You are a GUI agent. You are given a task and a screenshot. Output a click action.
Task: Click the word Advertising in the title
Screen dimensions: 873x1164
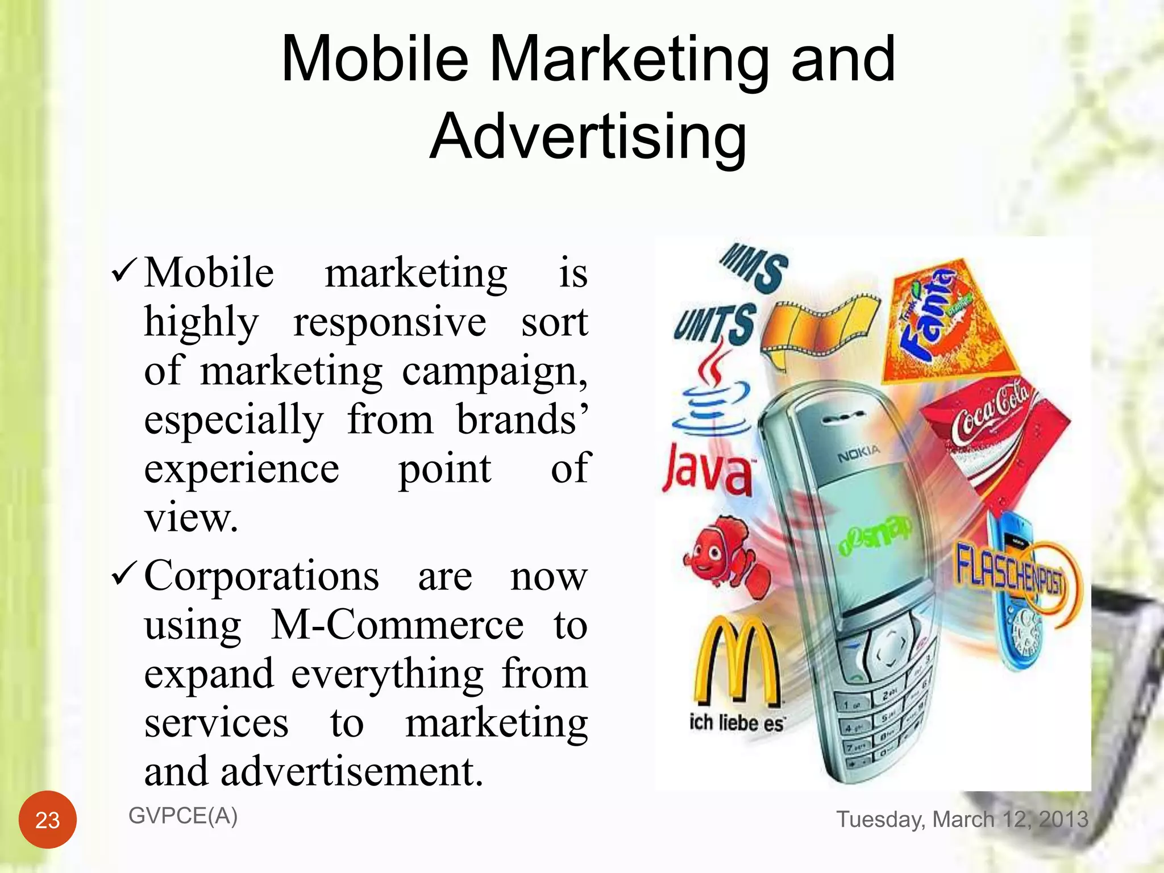[x=588, y=137]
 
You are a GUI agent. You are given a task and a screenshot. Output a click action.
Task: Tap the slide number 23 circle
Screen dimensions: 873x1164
[x=48, y=820]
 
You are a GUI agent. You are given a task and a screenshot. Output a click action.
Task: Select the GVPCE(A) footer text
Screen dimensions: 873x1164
[x=183, y=816]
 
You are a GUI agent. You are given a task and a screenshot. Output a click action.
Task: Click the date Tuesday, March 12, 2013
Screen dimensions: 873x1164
[x=962, y=819]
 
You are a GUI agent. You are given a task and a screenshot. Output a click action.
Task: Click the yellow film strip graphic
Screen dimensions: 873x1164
[x=819, y=330]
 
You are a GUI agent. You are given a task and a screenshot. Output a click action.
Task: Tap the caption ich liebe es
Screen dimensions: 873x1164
[x=736, y=723]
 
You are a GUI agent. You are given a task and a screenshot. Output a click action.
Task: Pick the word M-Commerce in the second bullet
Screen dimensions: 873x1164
[x=397, y=625]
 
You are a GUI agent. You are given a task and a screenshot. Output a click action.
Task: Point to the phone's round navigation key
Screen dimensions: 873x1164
[x=887, y=650]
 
